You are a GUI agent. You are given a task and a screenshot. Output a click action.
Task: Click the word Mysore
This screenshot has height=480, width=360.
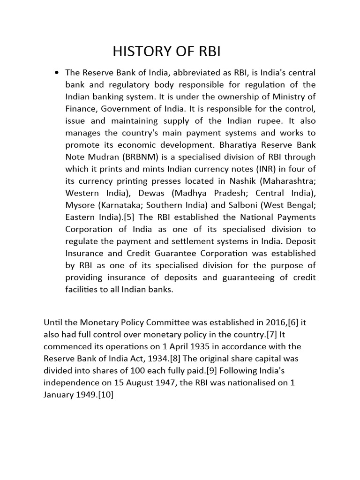[80, 205]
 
